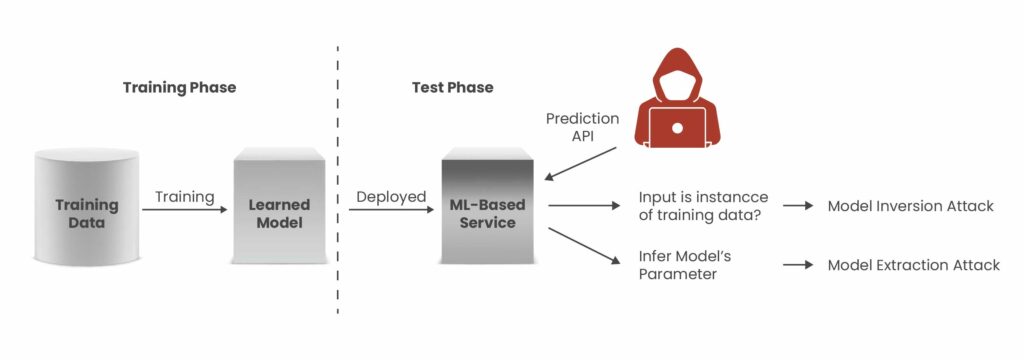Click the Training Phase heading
tap(179, 87)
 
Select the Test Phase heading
tap(452, 87)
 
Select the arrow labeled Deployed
tap(391, 210)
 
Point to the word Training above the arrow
tap(184, 197)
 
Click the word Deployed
tap(391, 197)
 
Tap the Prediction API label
tap(582, 127)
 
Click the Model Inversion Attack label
tap(910, 206)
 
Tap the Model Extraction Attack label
tap(913, 265)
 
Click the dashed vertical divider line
tap(337, 180)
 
